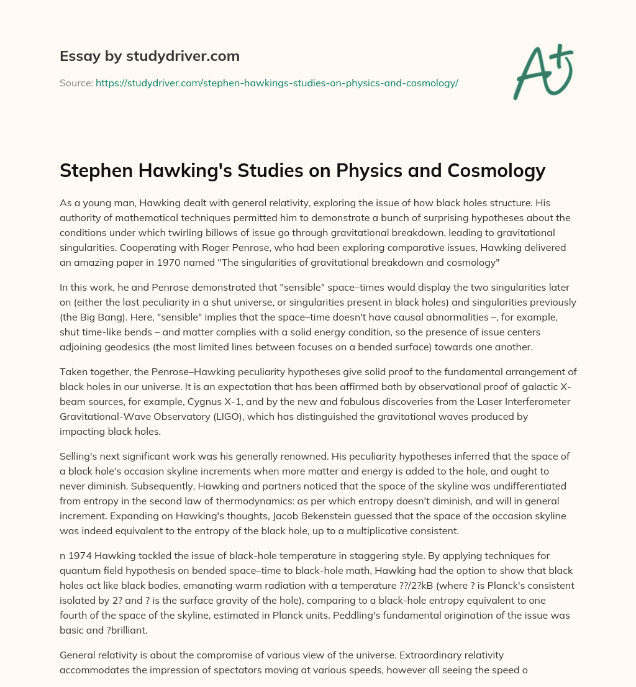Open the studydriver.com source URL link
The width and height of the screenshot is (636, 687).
(276, 83)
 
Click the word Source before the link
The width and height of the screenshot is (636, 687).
(75, 83)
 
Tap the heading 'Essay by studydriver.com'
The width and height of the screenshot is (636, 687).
(150, 56)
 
